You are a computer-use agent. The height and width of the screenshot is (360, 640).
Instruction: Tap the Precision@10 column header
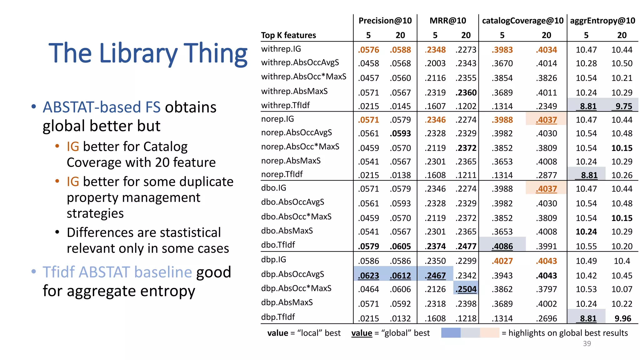coord(385,21)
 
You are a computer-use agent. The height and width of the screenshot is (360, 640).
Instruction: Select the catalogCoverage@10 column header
coord(522,21)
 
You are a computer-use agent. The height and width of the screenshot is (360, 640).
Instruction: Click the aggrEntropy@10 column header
coord(602,21)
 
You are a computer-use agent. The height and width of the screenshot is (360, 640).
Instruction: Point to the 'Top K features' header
coord(288,35)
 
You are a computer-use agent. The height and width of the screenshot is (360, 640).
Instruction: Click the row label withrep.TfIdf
coord(285,105)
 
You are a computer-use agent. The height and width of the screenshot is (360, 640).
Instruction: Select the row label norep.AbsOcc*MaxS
coord(300,147)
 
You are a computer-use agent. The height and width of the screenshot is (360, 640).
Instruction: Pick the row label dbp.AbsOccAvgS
coord(292,274)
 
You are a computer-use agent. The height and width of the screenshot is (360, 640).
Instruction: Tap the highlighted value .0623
coord(368,276)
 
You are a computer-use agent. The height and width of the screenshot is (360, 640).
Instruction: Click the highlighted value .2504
coord(466,289)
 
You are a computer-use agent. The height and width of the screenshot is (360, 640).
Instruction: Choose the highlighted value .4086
coord(502,246)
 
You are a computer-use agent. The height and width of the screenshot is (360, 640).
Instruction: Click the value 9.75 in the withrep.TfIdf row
coord(624,106)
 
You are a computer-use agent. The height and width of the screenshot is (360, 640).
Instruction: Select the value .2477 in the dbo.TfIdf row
coord(466,246)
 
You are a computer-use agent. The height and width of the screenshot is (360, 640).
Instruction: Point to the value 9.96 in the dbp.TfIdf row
coord(623,318)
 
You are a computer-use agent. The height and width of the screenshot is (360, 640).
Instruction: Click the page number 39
coord(587,343)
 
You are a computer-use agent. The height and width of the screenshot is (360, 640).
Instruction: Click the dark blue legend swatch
coord(451,333)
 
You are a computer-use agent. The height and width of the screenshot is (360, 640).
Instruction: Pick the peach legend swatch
coord(489,333)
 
